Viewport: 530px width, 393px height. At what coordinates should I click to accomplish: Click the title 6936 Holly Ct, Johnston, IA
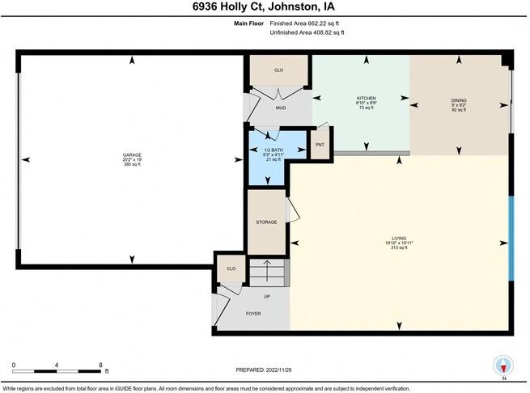point(265,9)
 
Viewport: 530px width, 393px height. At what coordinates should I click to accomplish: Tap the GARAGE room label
point(132,154)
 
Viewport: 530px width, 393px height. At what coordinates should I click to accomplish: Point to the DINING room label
point(459,100)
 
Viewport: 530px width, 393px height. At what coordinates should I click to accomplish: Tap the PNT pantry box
point(320,145)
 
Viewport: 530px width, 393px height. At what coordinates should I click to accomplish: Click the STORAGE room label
point(267,222)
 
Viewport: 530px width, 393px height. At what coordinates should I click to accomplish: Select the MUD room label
point(280,108)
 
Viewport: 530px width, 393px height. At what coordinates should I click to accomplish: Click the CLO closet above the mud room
point(278,70)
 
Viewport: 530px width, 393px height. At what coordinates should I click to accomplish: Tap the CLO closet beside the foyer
point(231,268)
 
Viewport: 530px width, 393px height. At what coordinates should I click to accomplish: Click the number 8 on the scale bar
point(100,365)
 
